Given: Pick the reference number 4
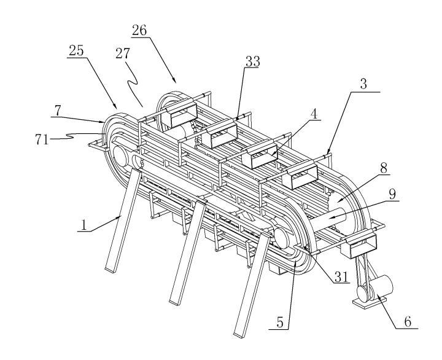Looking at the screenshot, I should click(314, 115).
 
